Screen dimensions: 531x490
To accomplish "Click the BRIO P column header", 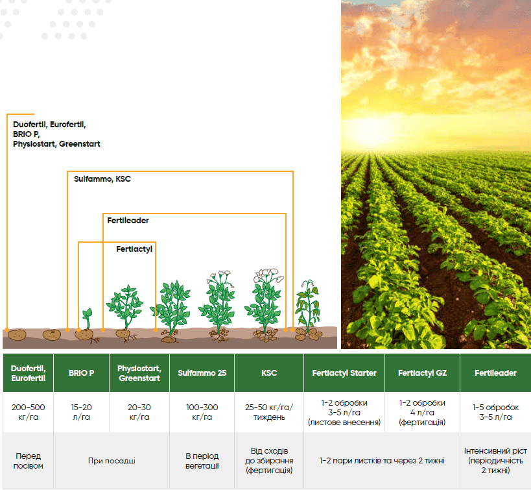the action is (81, 373).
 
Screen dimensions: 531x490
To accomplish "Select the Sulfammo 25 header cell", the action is (202, 373).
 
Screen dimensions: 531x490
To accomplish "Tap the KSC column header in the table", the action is (269, 373).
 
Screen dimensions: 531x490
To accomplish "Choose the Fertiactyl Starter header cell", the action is (344, 373).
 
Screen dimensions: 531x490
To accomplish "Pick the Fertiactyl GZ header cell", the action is (422, 373).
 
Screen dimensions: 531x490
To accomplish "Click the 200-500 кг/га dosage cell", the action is (28, 412).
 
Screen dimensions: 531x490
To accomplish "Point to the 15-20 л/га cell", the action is (81, 412).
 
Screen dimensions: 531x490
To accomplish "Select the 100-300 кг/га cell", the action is (202, 412).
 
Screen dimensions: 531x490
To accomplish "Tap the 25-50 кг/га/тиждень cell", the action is (269, 412).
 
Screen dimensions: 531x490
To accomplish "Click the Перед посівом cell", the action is (28, 461).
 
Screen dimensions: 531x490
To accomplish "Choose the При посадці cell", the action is (112, 461).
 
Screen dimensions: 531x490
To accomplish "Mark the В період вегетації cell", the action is (202, 461).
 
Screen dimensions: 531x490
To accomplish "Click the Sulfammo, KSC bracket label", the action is (102, 178).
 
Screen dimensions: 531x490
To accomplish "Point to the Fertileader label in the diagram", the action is (128, 221).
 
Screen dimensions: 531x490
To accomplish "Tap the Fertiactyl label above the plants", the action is (134, 249).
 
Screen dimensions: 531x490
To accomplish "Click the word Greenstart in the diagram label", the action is (80, 144).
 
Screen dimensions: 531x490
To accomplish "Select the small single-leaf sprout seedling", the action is (88, 318).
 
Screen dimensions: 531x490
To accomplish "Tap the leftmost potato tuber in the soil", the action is (17, 335).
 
